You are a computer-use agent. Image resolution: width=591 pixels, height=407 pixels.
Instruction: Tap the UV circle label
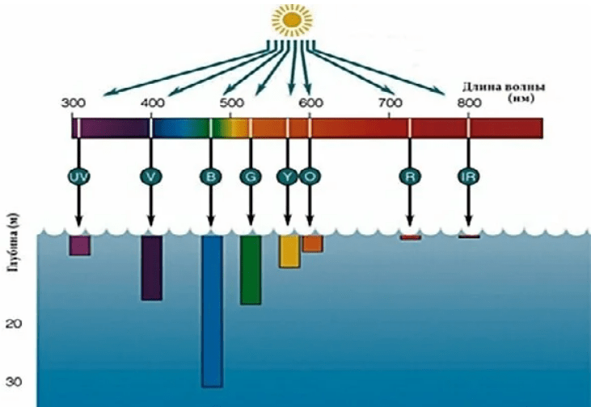tap(78, 177)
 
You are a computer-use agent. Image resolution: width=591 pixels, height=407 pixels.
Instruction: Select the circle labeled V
tap(150, 177)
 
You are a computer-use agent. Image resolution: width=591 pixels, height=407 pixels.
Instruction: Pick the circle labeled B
tap(210, 177)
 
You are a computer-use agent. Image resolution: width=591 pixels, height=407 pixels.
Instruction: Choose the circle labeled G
tap(250, 177)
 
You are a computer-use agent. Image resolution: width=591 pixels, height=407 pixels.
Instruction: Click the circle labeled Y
tap(288, 177)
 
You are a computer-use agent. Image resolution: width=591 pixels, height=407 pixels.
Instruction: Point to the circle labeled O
tap(309, 177)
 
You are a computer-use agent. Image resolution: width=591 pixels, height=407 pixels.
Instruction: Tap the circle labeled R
tap(409, 177)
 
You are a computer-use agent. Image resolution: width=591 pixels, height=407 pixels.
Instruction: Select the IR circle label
tap(468, 177)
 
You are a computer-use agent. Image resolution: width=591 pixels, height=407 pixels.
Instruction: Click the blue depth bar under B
tap(212, 311)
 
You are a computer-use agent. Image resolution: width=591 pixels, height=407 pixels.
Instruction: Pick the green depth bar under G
tap(251, 270)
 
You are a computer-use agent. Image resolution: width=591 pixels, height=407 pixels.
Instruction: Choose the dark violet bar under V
tap(151, 267)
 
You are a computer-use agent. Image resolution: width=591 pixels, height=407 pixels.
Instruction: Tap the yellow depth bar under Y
tap(289, 251)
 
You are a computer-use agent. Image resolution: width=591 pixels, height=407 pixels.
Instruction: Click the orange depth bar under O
tap(312, 243)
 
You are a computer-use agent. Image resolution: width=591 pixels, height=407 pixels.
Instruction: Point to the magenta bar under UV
tap(79, 245)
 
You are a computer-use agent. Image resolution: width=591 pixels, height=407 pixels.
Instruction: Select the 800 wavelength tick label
tap(467, 103)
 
